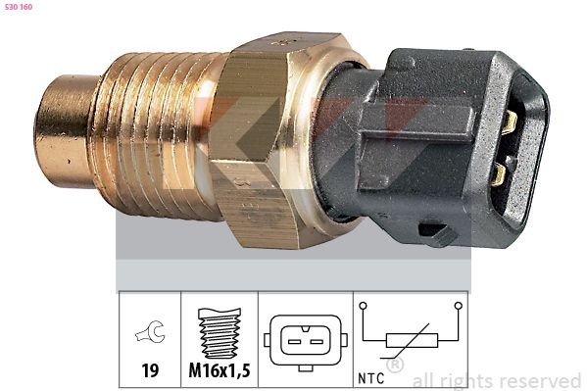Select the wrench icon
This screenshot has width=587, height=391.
151,335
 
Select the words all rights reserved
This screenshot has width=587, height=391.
496,380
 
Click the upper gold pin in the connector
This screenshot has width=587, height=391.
509,122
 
